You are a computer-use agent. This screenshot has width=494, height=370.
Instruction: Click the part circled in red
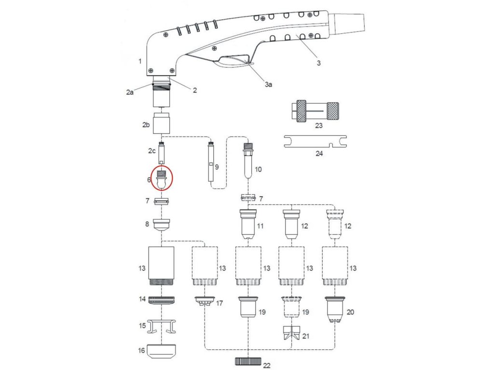tap(162, 178)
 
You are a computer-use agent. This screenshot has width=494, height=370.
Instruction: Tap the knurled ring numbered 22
tap(248, 361)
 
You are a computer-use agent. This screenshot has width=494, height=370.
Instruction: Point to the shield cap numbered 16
tap(162, 350)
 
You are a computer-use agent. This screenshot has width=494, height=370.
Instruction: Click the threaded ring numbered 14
tap(162, 300)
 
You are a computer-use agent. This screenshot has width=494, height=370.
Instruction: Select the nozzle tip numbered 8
tap(162, 225)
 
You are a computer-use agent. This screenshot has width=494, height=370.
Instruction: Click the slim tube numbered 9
tap(211, 161)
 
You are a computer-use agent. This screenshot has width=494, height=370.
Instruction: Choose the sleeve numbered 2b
tap(162, 123)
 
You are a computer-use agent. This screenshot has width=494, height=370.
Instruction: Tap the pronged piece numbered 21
tap(292, 333)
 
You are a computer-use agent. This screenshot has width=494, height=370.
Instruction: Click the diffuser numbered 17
tap(205, 301)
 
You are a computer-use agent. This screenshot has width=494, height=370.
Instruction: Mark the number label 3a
tap(269, 84)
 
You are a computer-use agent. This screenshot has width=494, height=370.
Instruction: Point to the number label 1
tap(139, 61)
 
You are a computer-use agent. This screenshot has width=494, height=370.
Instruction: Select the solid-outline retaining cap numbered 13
tap(162, 266)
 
